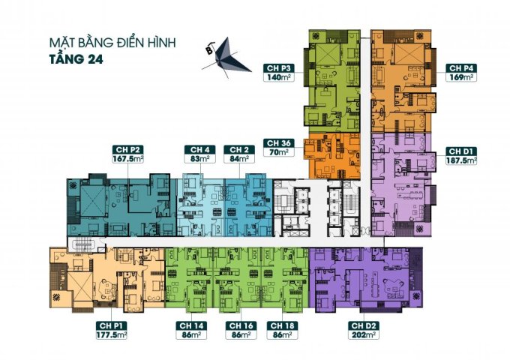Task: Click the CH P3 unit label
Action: tap(279, 68)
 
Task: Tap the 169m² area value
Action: tap(461, 77)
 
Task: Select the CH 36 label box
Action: tap(279, 143)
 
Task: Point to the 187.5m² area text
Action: tap(461, 160)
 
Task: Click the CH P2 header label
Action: tap(127, 149)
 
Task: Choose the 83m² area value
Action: tap(200, 159)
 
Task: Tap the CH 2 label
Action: tap(239, 149)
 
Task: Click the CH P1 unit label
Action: tap(112, 325)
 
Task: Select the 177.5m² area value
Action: tap(112, 335)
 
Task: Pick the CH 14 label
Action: tap(191, 325)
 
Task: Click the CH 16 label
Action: tap(241, 325)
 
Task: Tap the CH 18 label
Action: tap(282, 325)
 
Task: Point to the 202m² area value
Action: tap(364, 335)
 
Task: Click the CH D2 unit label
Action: tap(364, 325)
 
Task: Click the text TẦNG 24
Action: tap(76, 59)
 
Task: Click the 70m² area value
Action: tap(279, 152)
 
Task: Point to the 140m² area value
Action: tap(279, 77)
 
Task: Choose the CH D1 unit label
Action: tap(461, 151)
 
